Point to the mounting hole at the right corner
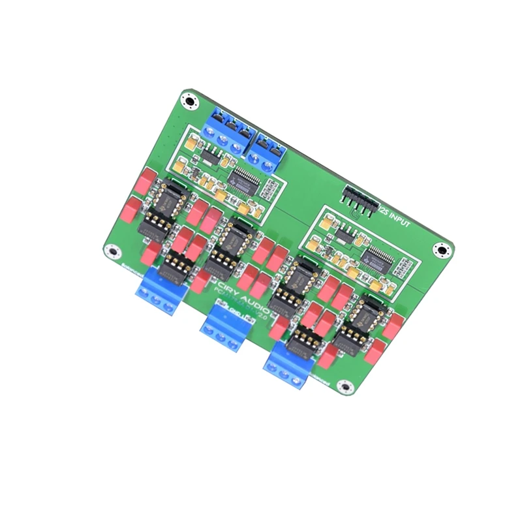pyautogui.click(x=442, y=251)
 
